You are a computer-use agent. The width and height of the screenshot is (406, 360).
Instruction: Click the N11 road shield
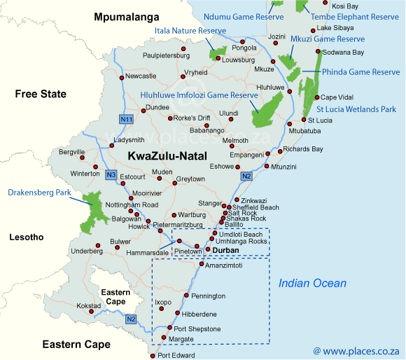tap(126, 119)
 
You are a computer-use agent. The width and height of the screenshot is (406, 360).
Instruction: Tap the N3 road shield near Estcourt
tap(111, 174)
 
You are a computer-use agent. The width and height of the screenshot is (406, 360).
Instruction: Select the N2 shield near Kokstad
tap(131, 319)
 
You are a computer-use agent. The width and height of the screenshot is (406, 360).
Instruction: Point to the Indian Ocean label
tap(312, 283)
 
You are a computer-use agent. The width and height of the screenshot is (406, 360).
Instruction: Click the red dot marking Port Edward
tap(153, 355)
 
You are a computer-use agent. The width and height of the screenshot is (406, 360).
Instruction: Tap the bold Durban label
tap(226, 250)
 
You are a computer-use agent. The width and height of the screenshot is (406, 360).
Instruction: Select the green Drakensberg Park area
tap(90, 210)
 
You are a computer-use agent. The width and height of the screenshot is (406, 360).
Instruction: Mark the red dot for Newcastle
tap(121, 76)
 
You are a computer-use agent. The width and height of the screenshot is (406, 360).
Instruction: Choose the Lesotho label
tap(26, 237)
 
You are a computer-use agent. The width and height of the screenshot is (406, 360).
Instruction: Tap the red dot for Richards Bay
tap(279, 150)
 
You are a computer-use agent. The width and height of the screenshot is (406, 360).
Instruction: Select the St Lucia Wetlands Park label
tap(356, 109)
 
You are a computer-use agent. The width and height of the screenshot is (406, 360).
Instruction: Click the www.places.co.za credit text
tap(356, 349)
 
